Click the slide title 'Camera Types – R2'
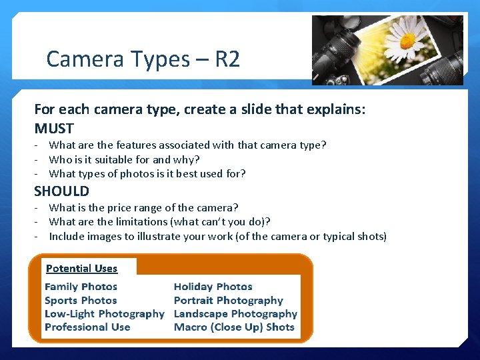pos(143,60)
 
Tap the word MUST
pos(54,128)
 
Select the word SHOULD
pos(61,191)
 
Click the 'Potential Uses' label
pos(81,269)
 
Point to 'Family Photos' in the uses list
pos(81,287)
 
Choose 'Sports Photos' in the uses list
pos(81,301)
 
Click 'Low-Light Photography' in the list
pos(104,314)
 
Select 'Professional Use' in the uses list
pos(87,327)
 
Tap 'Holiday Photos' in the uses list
pos(213,287)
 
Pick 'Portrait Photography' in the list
pos(228,301)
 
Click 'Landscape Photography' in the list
pos(235,314)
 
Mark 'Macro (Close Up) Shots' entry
pos(234,327)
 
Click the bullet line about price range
pos(143,207)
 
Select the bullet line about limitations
pos(159,222)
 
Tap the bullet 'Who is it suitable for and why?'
pos(124,159)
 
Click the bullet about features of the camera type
pos(187,145)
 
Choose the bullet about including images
pos(217,237)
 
